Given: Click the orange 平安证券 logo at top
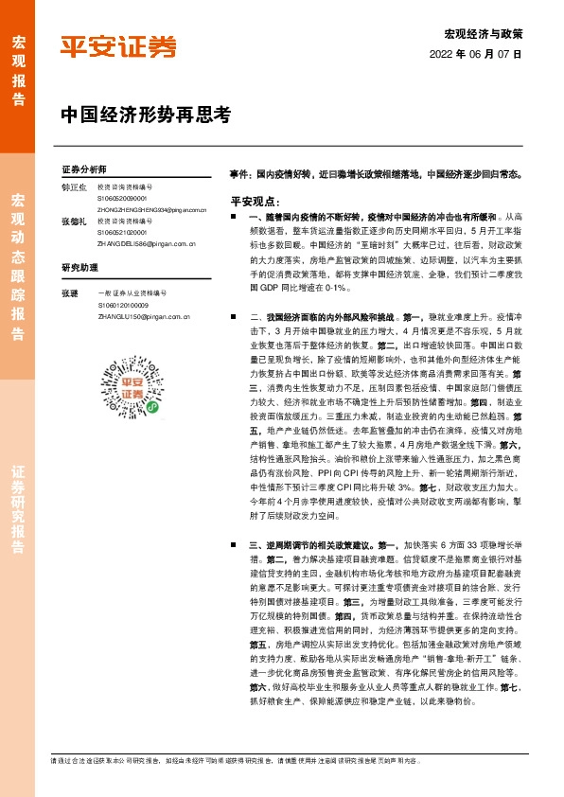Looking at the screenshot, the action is click(x=118, y=46).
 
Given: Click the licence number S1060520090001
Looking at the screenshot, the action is click(x=122, y=199).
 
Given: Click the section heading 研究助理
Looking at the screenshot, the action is click(x=79, y=268).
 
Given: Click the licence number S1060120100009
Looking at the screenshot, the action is click(x=122, y=307).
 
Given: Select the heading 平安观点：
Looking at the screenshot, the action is click(x=255, y=202).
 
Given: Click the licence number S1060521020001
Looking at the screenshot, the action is click(x=122, y=232).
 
